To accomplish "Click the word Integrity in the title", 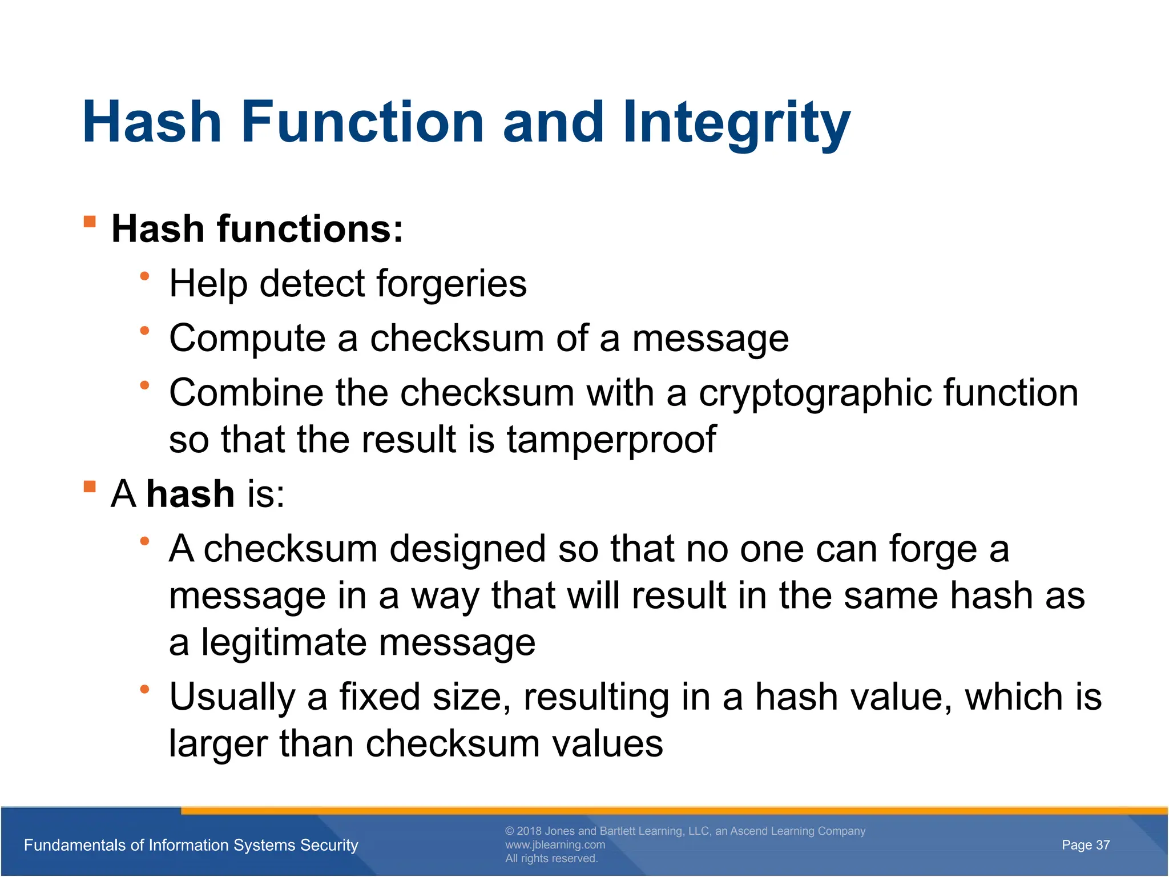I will [x=736, y=123].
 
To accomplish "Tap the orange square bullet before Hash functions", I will [x=90, y=222].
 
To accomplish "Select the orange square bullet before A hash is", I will [x=90, y=486].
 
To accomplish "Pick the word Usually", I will [x=232, y=698].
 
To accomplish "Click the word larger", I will [x=217, y=745].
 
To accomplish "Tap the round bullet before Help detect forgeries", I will [x=144, y=277].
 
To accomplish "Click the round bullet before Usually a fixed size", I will [x=144, y=690].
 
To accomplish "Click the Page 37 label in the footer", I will [x=1085, y=845].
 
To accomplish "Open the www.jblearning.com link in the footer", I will [x=555, y=845].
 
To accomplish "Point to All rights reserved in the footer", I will [x=551, y=859].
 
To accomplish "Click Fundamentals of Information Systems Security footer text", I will [x=191, y=845].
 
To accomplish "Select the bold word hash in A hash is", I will [x=190, y=494].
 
